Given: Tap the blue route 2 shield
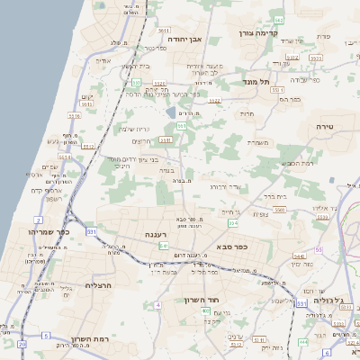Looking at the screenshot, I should (x=38, y=220).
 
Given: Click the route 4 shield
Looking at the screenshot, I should (x=158, y=304).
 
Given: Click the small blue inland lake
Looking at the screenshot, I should (x=171, y=113).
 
